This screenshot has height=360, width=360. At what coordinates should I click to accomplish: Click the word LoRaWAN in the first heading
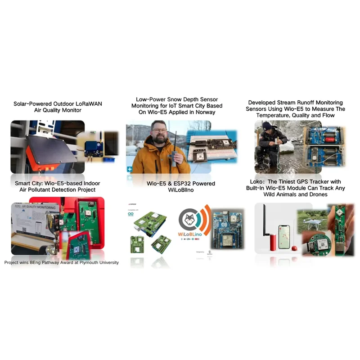coord(87,103)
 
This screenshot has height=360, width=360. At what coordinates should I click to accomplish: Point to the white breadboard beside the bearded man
coord(211,148)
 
